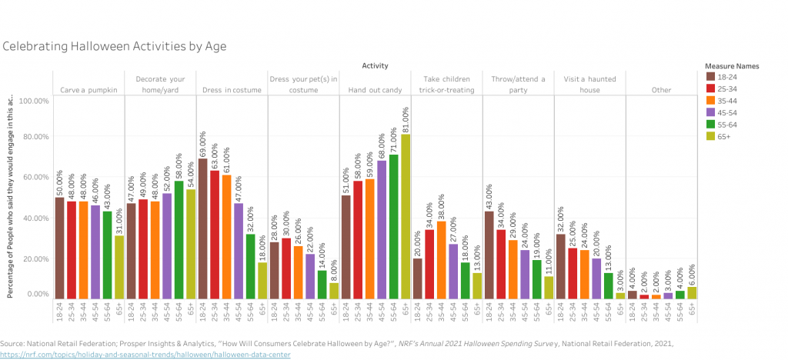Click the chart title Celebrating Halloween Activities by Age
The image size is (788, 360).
(114, 46)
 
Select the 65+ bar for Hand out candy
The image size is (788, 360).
(406, 216)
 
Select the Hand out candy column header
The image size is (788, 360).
(375, 90)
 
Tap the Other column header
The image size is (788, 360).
(663, 90)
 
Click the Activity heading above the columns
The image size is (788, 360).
(375, 66)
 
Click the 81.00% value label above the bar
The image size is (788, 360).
(406, 119)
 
